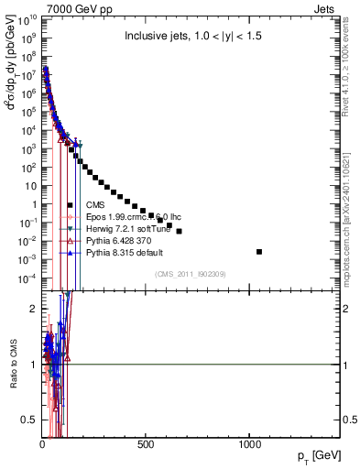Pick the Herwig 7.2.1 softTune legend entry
point(123,228)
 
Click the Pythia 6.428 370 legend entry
point(115,240)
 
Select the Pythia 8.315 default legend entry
point(120,252)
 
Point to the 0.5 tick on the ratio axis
point(28,420)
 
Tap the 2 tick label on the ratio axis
point(32,309)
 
